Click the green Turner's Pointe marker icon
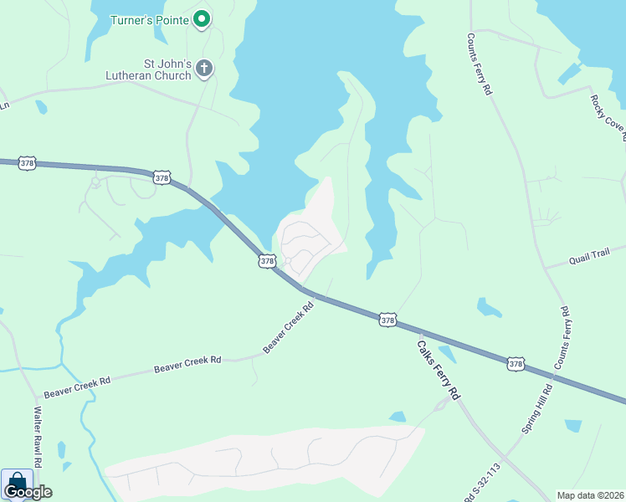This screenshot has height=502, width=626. click(x=202, y=18)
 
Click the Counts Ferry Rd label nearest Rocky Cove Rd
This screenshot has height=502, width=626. click(x=480, y=64)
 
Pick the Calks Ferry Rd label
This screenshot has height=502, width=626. click(x=439, y=368)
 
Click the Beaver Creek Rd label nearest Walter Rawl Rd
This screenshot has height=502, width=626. click(x=77, y=386)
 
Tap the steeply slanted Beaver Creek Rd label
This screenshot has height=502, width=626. click(x=288, y=327)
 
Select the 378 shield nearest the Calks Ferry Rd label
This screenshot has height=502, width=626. click(x=387, y=320)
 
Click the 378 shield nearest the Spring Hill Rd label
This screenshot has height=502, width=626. click(x=516, y=363)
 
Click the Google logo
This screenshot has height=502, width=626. click(x=28, y=492)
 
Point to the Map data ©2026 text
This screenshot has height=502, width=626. click(x=590, y=494)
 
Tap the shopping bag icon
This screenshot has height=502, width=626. click(x=16, y=483)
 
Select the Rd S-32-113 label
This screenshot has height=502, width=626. click(x=483, y=484)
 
